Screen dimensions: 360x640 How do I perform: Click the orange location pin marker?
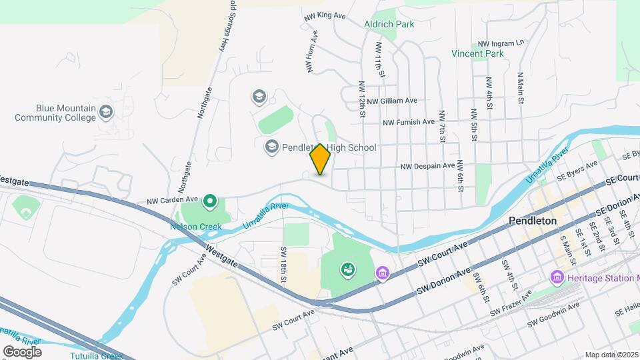click(x=320, y=159)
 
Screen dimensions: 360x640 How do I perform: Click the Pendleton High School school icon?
click(x=272, y=147)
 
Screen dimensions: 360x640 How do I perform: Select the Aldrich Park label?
click(x=389, y=24)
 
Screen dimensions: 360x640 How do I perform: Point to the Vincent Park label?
click(x=477, y=53)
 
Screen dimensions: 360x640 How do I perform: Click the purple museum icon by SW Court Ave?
click(x=382, y=273)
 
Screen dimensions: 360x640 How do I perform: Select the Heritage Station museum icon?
click(x=557, y=276)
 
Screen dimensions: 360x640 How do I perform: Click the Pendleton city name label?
click(x=532, y=221)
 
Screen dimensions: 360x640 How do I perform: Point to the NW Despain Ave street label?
click(x=427, y=166)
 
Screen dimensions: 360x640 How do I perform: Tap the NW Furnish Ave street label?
click(x=409, y=123)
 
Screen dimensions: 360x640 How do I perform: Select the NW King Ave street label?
click(x=325, y=15)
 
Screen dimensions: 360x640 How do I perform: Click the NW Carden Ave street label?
click(x=173, y=199)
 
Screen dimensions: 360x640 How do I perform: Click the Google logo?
click(x=22, y=351)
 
